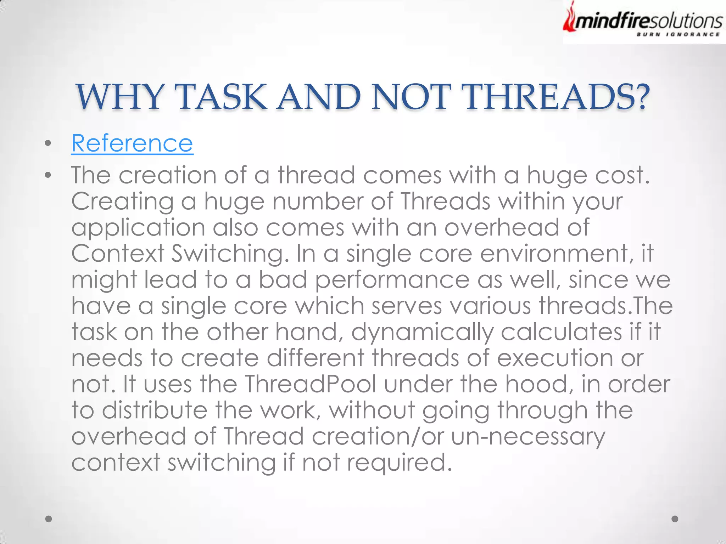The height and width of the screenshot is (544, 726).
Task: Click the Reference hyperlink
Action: click(x=132, y=143)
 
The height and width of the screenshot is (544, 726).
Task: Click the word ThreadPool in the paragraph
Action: click(x=311, y=384)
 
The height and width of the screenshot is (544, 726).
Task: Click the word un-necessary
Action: click(x=528, y=436)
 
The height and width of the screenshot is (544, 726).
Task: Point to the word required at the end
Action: click(x=399, y=463)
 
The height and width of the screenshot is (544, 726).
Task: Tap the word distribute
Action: click(x=155, y=410)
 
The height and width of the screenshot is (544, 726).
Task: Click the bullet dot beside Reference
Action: click(x=48, y=143)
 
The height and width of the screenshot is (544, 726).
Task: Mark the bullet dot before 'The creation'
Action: click(x=48, y=175)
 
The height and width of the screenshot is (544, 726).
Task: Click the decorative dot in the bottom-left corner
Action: click(x=49, y=519)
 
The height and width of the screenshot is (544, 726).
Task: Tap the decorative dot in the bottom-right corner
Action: click(x=675, y=519)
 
